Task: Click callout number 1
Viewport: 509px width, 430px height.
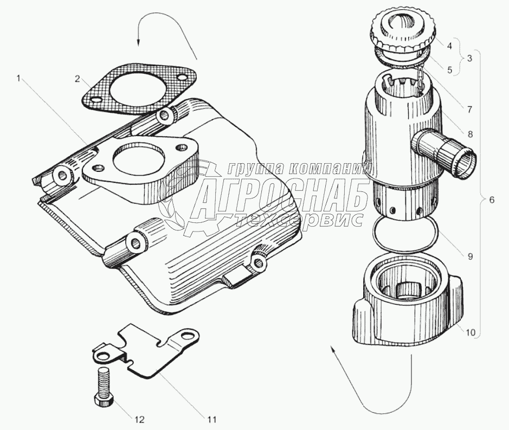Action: [20, 79]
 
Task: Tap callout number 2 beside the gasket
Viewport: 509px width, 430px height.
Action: [78, 79]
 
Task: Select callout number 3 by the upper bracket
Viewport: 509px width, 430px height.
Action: [469, 57]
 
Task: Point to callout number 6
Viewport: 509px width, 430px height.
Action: [491, 200]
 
